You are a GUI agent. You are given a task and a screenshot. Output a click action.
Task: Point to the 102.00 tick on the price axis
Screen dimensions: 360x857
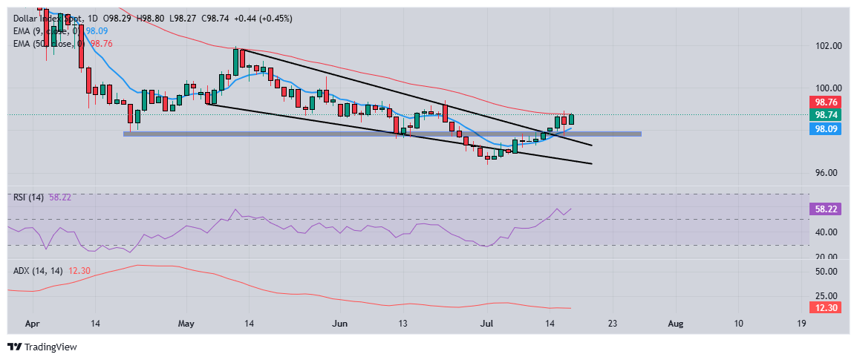click(x=827, y=45)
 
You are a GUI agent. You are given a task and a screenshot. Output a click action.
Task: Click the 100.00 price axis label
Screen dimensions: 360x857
click(x=827, y=88)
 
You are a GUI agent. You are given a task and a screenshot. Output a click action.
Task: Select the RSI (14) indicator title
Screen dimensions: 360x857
click(x=27, y=197)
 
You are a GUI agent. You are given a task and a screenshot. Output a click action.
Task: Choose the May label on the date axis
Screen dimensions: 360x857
click(x=186, y=324)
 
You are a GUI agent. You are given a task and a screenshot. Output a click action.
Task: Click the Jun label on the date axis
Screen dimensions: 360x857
click(x=339, y=324)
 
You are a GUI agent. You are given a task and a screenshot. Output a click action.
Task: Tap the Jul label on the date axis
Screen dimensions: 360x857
click(x=486, y=324)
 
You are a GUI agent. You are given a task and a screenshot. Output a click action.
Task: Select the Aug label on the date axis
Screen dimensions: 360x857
click(x=675, y=324)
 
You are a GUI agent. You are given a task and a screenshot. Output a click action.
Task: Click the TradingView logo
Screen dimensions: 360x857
click(x=42, y=347)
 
